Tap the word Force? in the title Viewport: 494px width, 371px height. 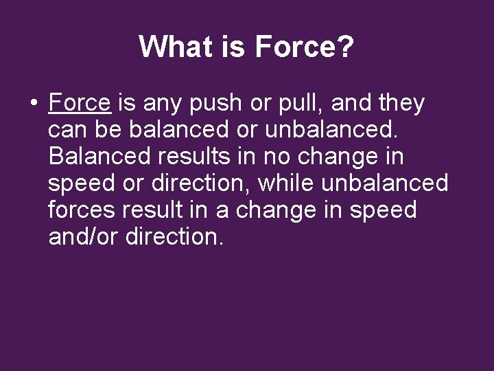tap(305, 47)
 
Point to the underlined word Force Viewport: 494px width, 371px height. tap(80, 103)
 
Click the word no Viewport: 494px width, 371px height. tap(278, 157)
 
